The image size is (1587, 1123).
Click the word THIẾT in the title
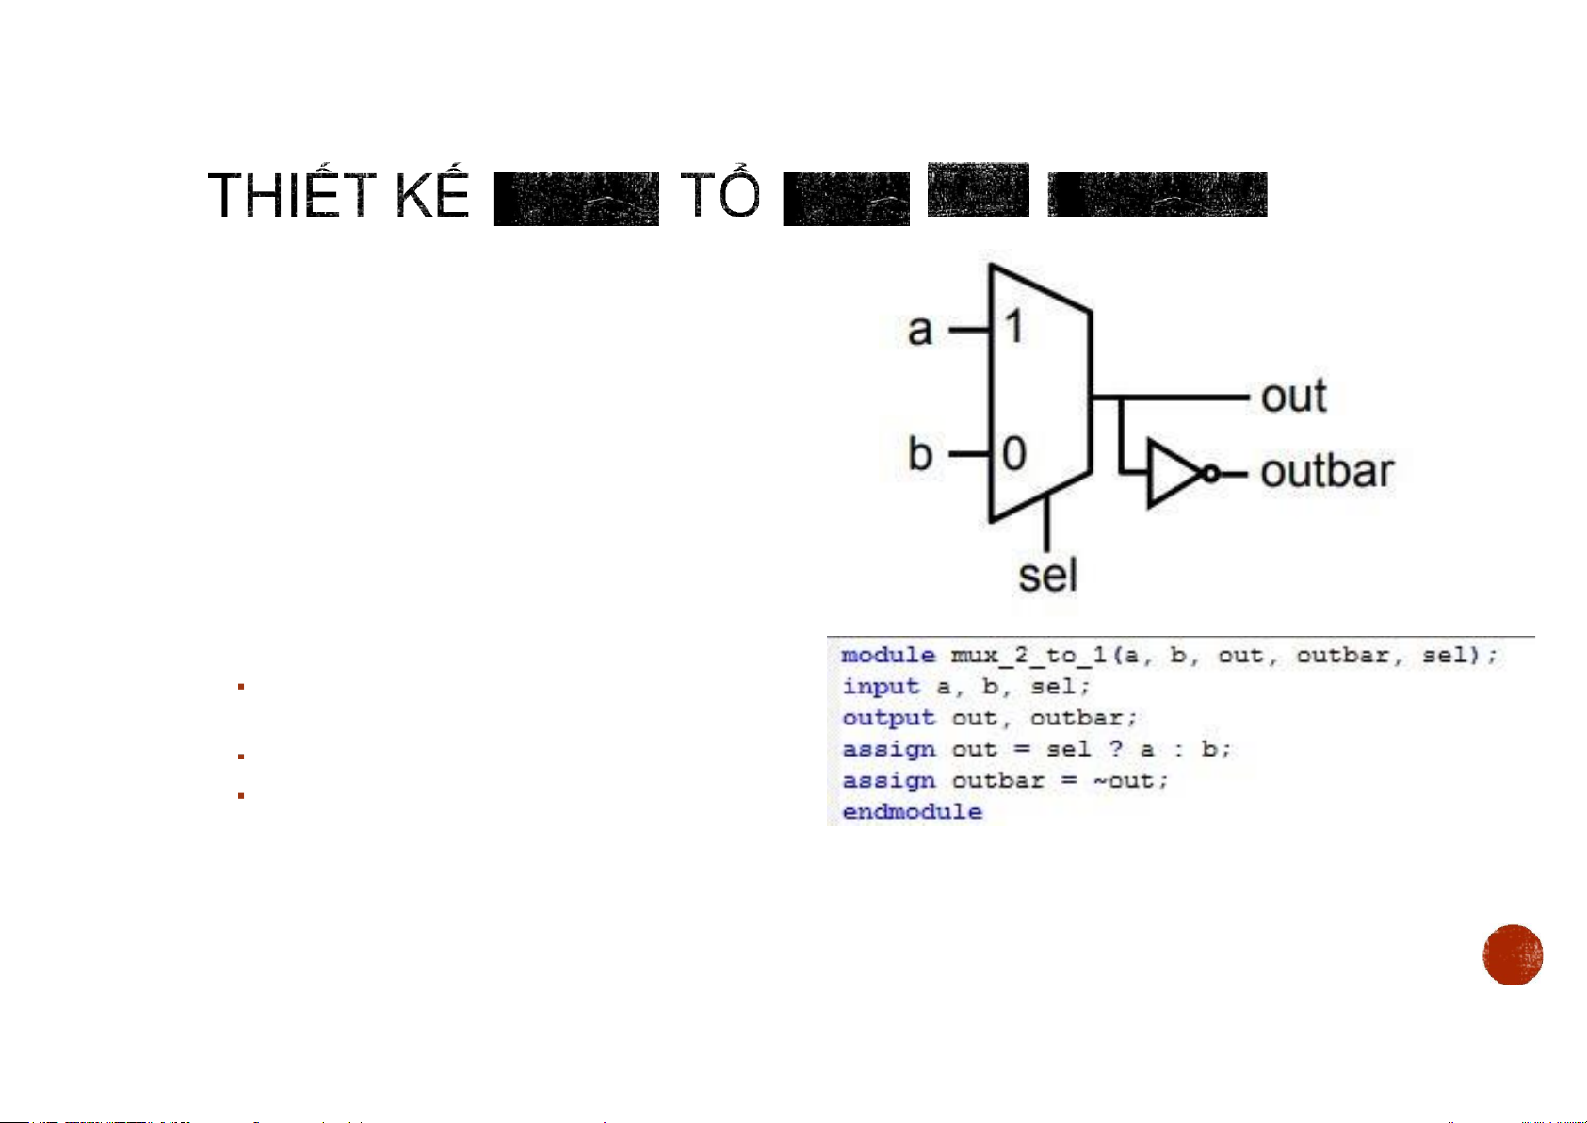pos(293,196)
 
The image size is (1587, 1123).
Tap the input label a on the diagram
pos(920,331)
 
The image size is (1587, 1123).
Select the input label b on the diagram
pos(920,454)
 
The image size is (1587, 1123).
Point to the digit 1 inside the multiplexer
pos(1013,328)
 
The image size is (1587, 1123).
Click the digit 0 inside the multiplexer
pos(1013,454)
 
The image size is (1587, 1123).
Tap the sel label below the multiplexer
pos(1047,575)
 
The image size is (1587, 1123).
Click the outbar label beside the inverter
pos(1326,472)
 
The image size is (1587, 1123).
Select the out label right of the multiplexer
pos(1293,397)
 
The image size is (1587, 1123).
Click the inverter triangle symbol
pos(1171,473)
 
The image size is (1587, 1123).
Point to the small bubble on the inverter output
pos(1211,473)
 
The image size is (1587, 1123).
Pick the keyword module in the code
pos(888,656)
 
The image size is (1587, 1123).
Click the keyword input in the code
pos(881,687)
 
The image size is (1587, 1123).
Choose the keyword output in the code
pos(888,718)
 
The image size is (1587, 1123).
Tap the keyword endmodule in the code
pos(912,812)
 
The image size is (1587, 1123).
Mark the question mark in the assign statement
pos(1116,749)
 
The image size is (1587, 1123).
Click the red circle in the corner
pos(1513,954)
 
